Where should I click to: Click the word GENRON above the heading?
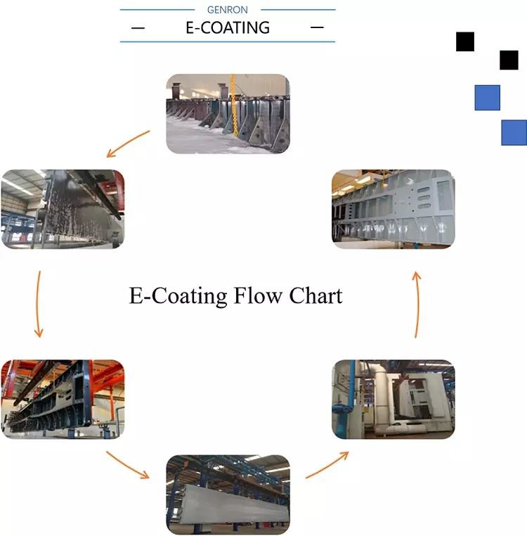pos(227,10)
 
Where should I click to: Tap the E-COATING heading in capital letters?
pos(227,28)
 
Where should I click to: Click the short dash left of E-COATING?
pos(138,28)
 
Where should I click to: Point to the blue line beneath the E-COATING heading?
pos(227,42)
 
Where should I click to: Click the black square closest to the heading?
pos(464,42)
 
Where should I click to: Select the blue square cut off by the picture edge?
pos(514,132)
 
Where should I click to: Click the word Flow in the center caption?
pos(258,295)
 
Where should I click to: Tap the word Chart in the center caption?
pos(315,295)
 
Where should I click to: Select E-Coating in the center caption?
pos(178,295)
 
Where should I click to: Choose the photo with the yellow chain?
pos(228,114)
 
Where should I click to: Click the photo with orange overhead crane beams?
pos(63,399)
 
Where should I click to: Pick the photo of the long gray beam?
pos(228,494)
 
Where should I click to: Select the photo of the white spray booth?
pos(393,399)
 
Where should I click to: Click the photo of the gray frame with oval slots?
pos(393,209)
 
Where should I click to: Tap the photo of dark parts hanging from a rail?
pos(63,209)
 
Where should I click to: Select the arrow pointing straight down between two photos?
pos(39,303)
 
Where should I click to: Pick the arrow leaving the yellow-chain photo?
pos(128,143)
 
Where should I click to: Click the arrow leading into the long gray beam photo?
pos(128,464)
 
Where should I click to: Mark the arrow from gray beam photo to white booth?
pos(327,465)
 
